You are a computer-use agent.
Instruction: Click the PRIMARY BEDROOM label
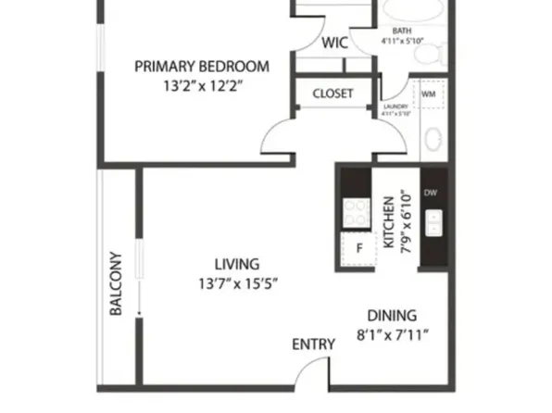pyautogui.click(x=202, y=67)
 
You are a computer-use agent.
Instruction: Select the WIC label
pyautogui.click(x=334, y=43)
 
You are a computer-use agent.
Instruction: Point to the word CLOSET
pyautogui.click(x=334, y=94)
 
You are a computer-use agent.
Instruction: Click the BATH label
pyautogui.click(x=401, y=31)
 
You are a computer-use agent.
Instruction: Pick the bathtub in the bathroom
pyautogui.click(x=414, y=12)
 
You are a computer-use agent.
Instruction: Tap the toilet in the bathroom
pyautogui.click(x=429, y=52)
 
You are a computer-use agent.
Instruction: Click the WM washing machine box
pyautogui.click(x=429, y=94)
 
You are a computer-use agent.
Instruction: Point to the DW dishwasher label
pyautogui.click(x=431, y=194)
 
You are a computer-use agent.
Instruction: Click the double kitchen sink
pyautogui.click(x=433, y=222)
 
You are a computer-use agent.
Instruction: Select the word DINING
pyautogui.click(x=393, y=315)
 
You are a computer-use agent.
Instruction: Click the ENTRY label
pyautogui.click(x=313, y=344)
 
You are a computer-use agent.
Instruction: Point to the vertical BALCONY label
pyautogui.click(x=118, y=283)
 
